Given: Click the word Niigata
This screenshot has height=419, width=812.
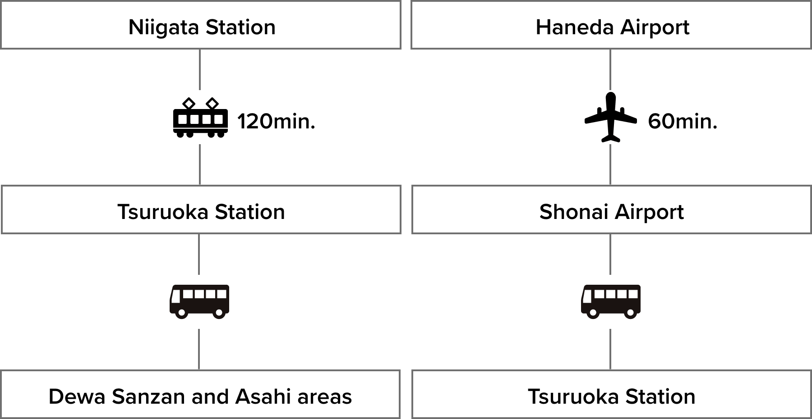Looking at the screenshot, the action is (x=163, y=28).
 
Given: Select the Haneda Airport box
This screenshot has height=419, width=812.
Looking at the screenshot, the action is (x=611, y=25).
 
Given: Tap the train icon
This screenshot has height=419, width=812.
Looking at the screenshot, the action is (x=200, y=117).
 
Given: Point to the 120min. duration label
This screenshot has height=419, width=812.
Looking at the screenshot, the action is (x=276, y=122).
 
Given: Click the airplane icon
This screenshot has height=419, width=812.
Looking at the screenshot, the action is (x=610, y=117).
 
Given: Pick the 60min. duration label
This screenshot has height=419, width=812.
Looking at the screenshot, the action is (x=683, y=122).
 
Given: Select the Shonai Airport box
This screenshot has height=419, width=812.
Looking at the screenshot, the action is (x=611, y=210).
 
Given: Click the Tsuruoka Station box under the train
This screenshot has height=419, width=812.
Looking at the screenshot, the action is (x=201, y=210).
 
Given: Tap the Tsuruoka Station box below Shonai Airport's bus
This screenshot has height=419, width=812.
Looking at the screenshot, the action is (x=611, y=395).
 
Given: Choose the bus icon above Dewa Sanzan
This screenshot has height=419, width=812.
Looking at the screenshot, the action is (x=199, y=301).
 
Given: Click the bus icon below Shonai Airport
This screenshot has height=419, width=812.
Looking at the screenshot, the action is (x=610, y=301).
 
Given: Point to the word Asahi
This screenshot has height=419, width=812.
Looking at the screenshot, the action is (x=263, y=397).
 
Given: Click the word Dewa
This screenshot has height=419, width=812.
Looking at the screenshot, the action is (x=76, y=397).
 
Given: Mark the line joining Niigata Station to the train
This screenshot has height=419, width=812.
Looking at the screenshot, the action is (x=200, y=69).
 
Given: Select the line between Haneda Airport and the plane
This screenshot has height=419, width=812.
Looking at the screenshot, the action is (x=610, y=69).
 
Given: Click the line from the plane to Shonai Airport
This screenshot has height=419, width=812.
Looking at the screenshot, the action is (x=610, y=164).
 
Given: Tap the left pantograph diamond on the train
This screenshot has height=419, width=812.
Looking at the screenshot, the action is (x=189, y=104).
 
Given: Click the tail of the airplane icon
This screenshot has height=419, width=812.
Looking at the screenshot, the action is (x=611, y=137).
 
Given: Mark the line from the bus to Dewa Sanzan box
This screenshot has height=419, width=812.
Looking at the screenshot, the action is (x=199, y=349).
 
